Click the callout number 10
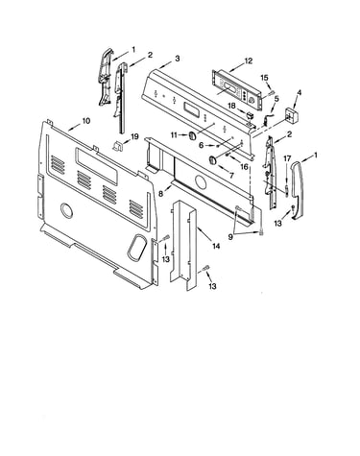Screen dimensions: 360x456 click(x=86, y=121)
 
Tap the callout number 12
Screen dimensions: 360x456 click(x=249, y=60)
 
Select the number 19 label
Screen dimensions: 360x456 click(x=134, y=136)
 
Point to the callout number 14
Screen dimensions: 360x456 click(x=216, y=246)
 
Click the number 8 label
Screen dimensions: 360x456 click(x=160, y=194)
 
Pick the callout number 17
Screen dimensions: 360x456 click(x=287, y=158)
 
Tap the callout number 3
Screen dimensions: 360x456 click(x=178, y=59)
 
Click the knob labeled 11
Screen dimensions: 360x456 click(x=191, y=135)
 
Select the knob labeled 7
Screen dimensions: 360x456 click(x=213, y=160)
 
